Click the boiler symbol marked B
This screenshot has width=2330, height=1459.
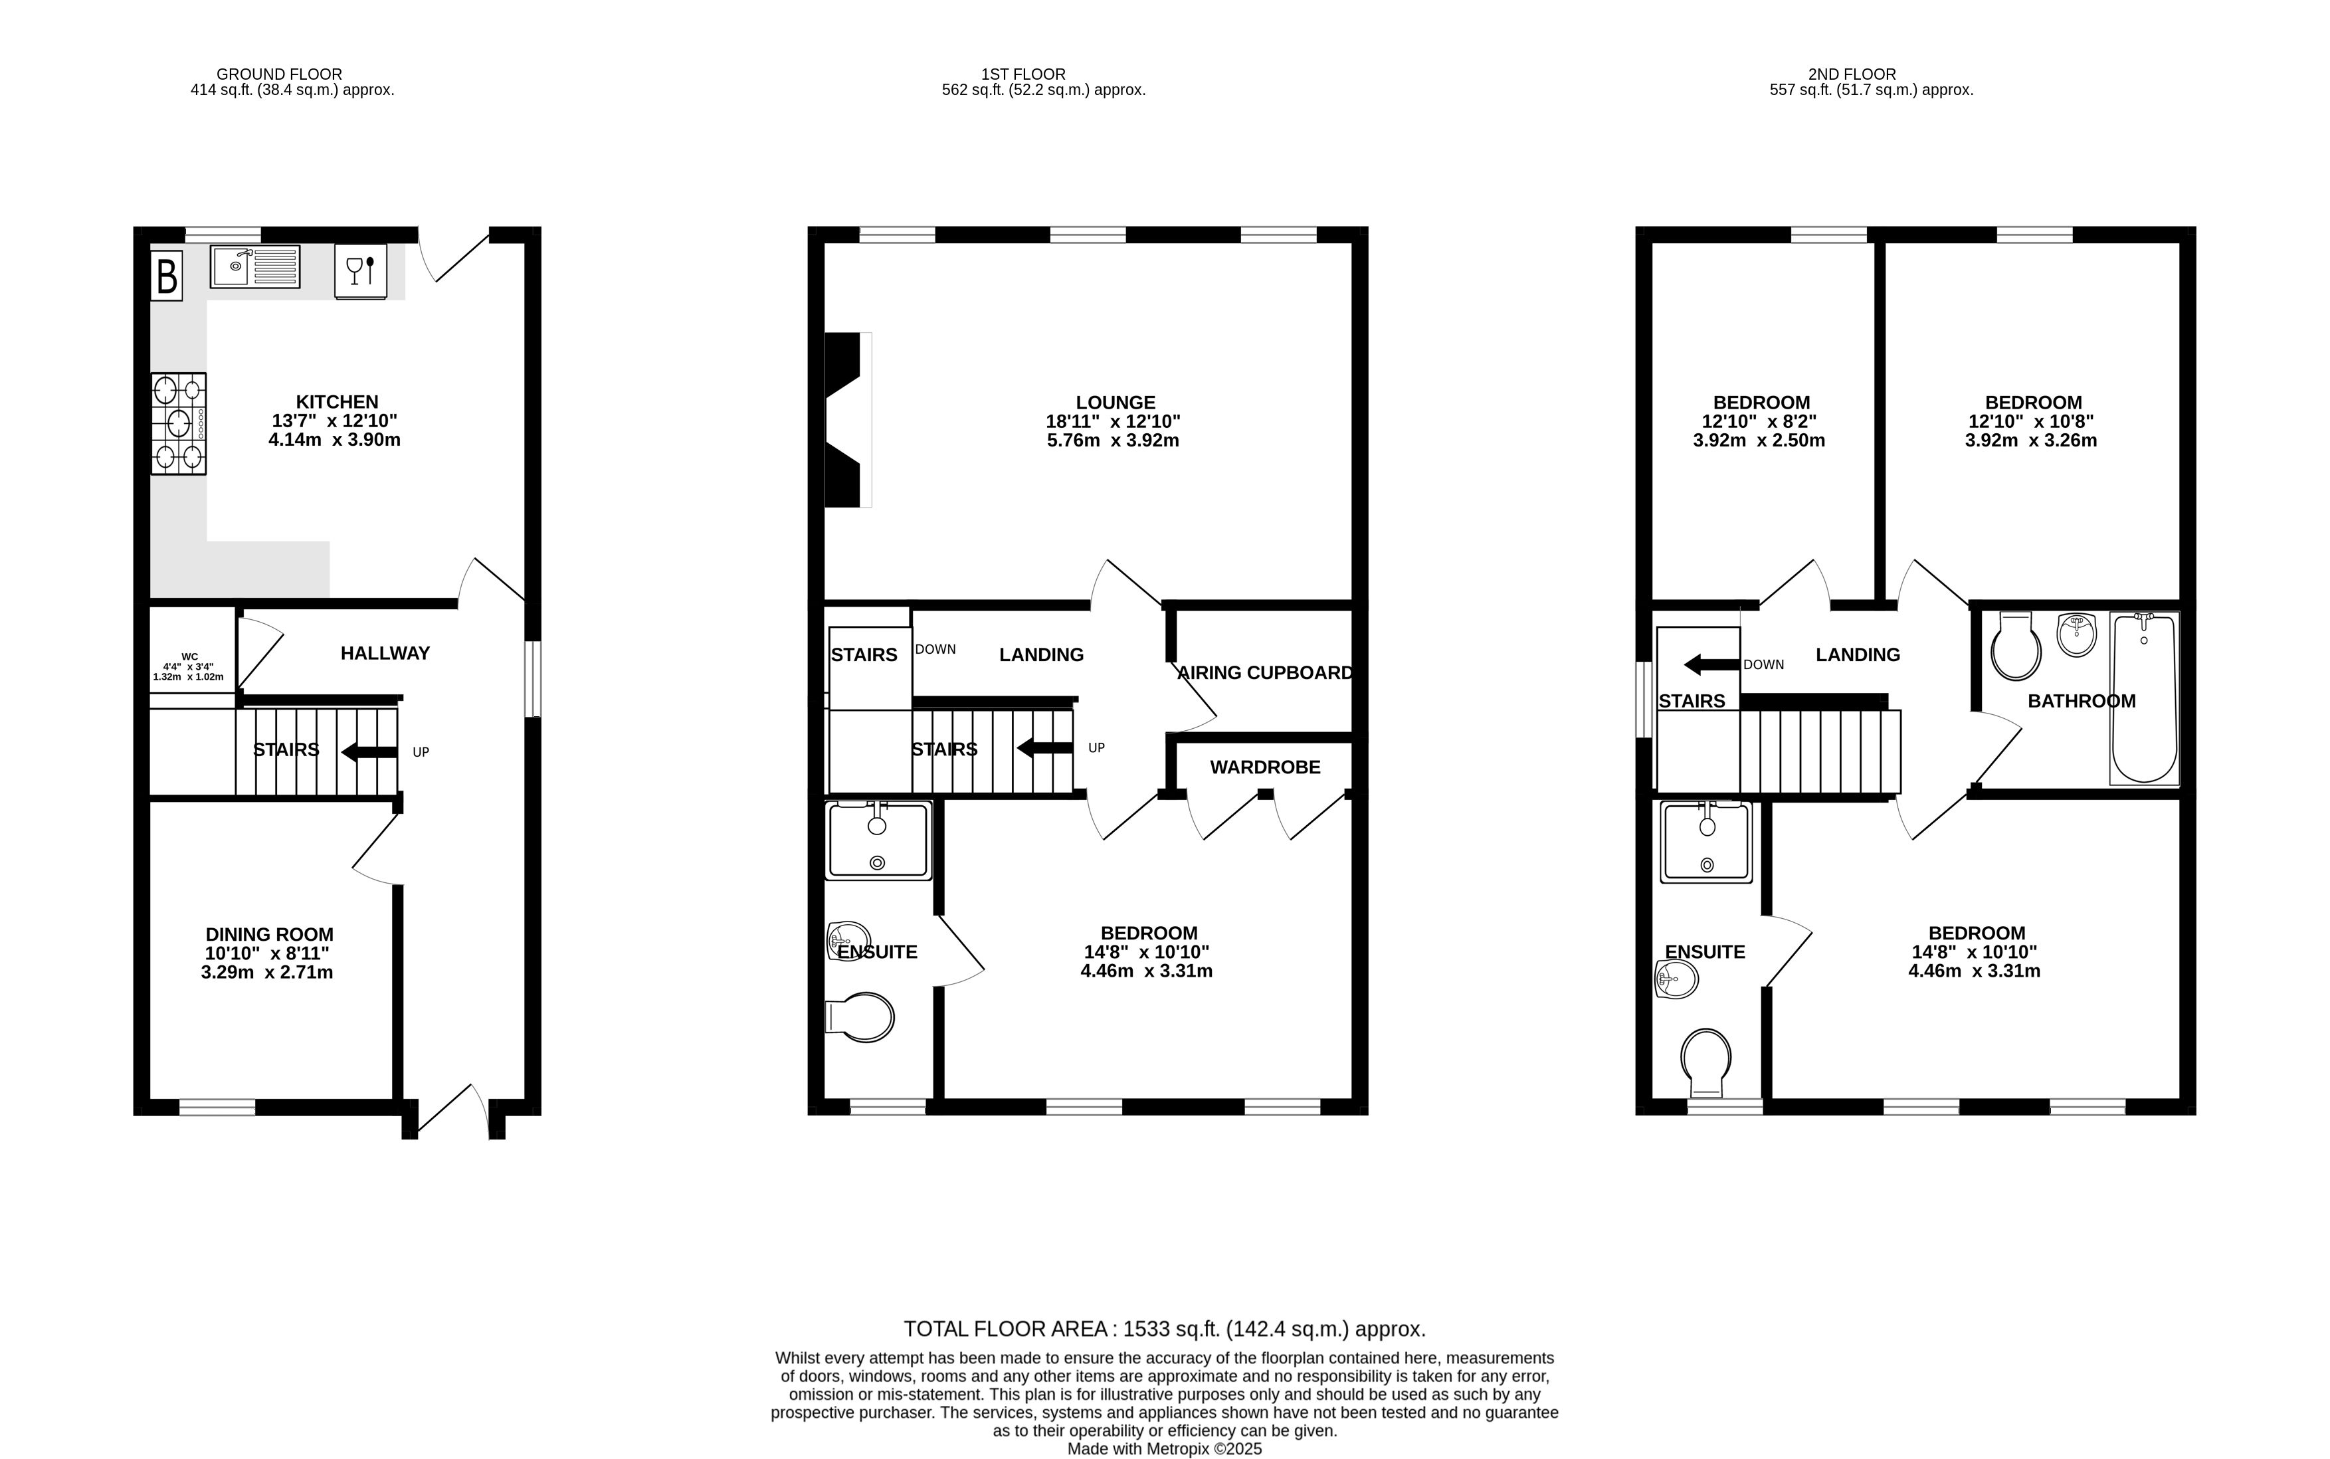coord(166,276)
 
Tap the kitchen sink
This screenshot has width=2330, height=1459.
coord(254,266)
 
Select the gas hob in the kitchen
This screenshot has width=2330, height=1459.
coord(179,424)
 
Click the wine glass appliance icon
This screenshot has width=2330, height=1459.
coord(361,271)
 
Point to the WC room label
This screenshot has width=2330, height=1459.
coord(189,656)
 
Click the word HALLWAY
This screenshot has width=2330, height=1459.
coord(385,653)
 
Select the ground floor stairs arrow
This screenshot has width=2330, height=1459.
coord(369,751)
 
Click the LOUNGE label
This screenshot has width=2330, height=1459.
coord(1116,403)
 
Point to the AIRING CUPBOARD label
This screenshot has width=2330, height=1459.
coord(1265,672)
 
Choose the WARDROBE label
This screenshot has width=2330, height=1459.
coord(1265,767)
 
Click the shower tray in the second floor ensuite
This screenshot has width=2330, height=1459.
coord(1705,842)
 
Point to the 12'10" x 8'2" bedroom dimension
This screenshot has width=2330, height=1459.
coord(1761,422)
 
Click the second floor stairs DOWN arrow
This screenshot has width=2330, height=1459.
coord(1711,664)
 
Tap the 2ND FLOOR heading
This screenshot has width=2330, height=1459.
coord(1852,74)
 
